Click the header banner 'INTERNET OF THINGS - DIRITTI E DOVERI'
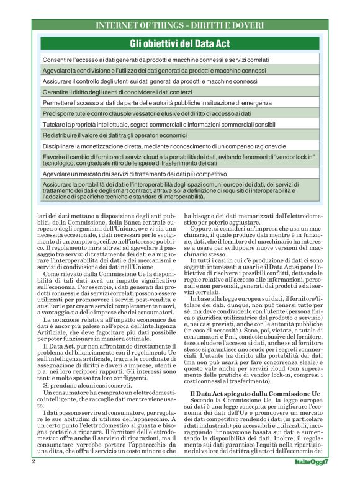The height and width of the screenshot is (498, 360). pyautogui.click(x=180, y=25)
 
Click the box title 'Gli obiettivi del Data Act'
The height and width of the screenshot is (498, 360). pyautogui.click(x=180, y=43)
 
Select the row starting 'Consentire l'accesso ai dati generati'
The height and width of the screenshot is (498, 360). pyautogui.click(x=155, y=60)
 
